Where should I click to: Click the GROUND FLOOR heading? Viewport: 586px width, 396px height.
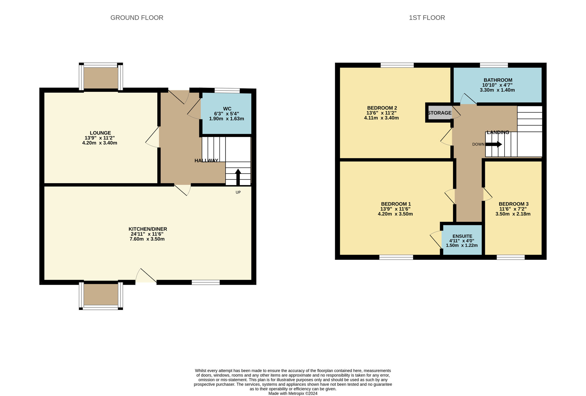(137, 18)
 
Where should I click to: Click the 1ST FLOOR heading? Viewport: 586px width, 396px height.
(427, 18)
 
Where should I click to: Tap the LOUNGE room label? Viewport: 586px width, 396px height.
(100, 133)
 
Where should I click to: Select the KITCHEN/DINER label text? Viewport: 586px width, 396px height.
(148, 229)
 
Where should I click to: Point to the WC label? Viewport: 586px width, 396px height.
(227, 109)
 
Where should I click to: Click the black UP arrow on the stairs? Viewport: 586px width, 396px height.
(238, 177)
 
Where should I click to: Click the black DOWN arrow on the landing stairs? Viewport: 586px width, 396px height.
(494, 144)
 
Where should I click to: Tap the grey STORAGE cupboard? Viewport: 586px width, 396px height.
(439, 113)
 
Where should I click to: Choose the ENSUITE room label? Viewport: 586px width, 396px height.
(462, 236)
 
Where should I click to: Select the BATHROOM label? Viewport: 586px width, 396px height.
(498, 80)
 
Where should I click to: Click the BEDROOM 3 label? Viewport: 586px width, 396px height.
(514, 204)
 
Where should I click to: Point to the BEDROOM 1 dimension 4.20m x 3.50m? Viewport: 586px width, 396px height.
(395, 214)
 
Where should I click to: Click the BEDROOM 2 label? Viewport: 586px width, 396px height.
(382, 108)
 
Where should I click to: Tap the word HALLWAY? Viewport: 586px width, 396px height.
(207, 160)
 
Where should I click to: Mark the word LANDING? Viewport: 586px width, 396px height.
(498, 132)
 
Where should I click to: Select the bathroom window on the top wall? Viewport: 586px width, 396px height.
(494, 65)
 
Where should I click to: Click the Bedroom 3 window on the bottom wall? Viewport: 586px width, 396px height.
(510, 257)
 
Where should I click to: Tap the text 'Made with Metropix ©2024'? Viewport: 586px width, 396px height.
(293, 393)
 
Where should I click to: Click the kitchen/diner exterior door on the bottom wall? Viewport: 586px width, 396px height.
(146, 276)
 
